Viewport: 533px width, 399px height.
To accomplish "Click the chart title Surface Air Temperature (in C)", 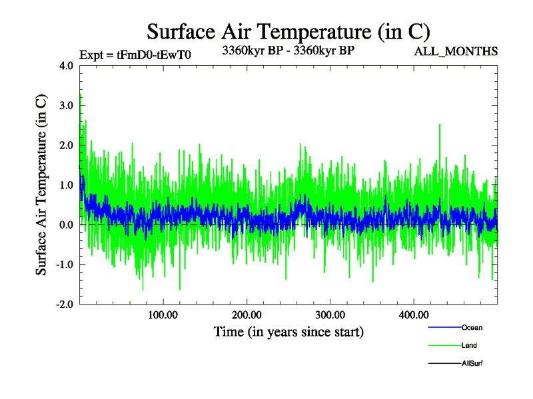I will click(288, 31).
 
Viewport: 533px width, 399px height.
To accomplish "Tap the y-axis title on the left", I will click(41, 185).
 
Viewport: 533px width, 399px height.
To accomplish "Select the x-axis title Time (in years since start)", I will click(288, 331).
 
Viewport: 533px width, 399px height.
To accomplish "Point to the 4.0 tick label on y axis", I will click(67, 66).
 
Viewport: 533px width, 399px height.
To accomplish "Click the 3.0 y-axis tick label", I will click(67, 106).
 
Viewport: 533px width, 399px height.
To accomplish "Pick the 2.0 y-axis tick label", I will click(67, 146).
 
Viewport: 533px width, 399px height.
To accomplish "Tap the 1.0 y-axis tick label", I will click(67, 185).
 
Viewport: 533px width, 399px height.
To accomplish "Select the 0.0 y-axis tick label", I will click(67, 225).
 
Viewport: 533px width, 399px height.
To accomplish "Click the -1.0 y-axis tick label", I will click(65, 265).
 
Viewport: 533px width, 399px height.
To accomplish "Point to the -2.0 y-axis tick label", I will click(65, 305).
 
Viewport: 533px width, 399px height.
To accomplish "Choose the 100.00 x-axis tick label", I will click(163, 315).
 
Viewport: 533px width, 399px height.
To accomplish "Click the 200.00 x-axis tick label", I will click(247, 315).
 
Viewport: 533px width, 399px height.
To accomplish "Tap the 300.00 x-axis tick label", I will click(330, 315).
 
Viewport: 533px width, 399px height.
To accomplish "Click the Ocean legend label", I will click(472, 327).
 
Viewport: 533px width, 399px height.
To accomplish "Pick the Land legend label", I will click(469, 346).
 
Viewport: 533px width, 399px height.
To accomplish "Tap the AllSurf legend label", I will click(472, 364).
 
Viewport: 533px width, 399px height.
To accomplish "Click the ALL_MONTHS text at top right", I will click(456, 51).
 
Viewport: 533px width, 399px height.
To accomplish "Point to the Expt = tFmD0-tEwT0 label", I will click(135, 55).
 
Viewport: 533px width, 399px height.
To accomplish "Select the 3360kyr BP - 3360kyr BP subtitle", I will click(288, 49).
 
